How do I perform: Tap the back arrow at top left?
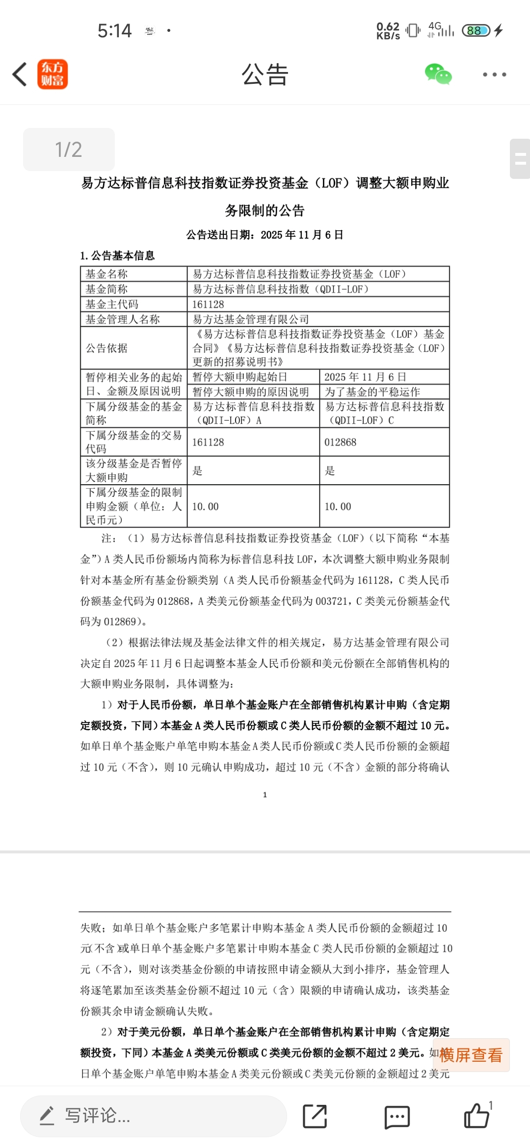20,75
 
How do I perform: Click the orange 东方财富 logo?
53,75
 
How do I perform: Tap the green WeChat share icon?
438,75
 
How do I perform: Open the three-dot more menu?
494,75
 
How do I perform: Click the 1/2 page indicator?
69,150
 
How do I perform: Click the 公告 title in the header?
265,75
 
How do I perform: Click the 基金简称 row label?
106,289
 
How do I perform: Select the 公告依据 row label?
106,348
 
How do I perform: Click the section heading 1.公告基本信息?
117,255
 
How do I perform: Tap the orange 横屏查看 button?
471,1055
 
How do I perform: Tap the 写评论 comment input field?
153,1116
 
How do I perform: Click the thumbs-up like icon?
477,1116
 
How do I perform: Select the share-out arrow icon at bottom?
315,1117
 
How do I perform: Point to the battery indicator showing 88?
476,30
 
